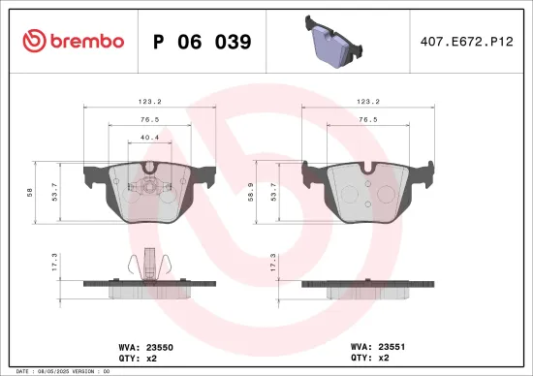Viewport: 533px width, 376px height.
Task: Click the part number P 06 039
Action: [x=203, y=42]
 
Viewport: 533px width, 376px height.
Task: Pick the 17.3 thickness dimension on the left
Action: [x=56, y=261]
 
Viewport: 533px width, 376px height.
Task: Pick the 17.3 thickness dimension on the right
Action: [x=273, y=261]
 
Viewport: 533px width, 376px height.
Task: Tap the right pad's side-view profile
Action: [x=365, y=288]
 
